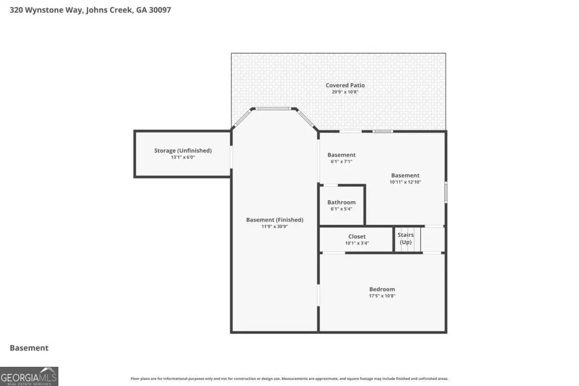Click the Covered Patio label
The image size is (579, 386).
coord(345,85)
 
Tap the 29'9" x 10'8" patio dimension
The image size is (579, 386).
coord(345,92)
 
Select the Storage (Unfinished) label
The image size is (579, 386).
coord(183,151)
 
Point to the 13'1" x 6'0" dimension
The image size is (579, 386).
coord(183,157)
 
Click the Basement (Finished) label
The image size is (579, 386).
coord(275,220)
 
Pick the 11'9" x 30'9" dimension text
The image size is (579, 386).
coord(275,227)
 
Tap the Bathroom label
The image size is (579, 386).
coord(342,202)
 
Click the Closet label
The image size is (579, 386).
coord(357,236)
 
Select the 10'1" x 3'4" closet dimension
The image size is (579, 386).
coord(357,243)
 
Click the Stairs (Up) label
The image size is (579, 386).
coord(406,238)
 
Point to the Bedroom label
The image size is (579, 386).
coord(382,289)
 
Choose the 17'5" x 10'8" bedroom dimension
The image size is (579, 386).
coord(382,296)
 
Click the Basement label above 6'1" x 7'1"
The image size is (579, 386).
coord(342,155)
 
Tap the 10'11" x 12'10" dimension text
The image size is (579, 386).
coord(406,182)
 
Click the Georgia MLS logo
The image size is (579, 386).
coord(29,376)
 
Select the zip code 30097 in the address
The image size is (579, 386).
coord(160,10)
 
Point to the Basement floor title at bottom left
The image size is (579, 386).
coord(29,348)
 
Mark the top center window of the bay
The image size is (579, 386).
coord(273,109)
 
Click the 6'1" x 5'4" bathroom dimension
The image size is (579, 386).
coord(342,209)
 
